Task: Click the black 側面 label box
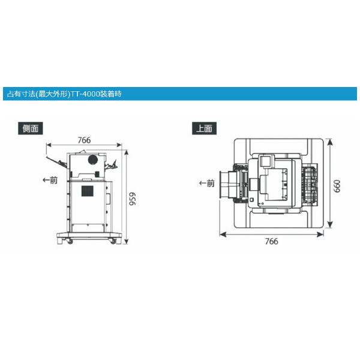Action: (x=31, y=128)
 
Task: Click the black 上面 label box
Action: (x=204, y=128)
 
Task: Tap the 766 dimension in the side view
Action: (x=85, y=140)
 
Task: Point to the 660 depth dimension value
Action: (x=337, y=186)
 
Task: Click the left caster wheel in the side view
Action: (x=69, y=241)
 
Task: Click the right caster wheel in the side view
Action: (x=111, y=241)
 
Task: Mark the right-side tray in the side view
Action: (x=111, y=165)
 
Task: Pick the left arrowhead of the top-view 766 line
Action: (x=220, y=233)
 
